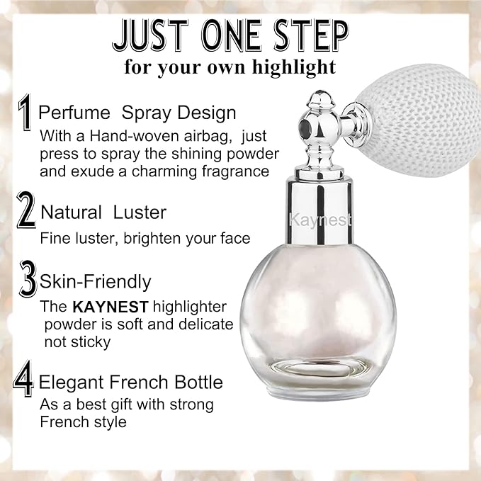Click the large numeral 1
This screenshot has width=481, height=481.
coord(26,113)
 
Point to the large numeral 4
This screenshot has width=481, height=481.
coord(24,382)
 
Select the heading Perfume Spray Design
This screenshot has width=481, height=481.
coord(137,113)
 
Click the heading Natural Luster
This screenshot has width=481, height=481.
coord(103,212)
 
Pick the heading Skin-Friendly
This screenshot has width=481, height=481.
coord(96,281)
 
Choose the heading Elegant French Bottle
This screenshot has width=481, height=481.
coord(131,383)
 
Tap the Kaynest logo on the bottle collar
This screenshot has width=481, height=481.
coord(319,220)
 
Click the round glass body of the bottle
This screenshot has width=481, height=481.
coord(318,312)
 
